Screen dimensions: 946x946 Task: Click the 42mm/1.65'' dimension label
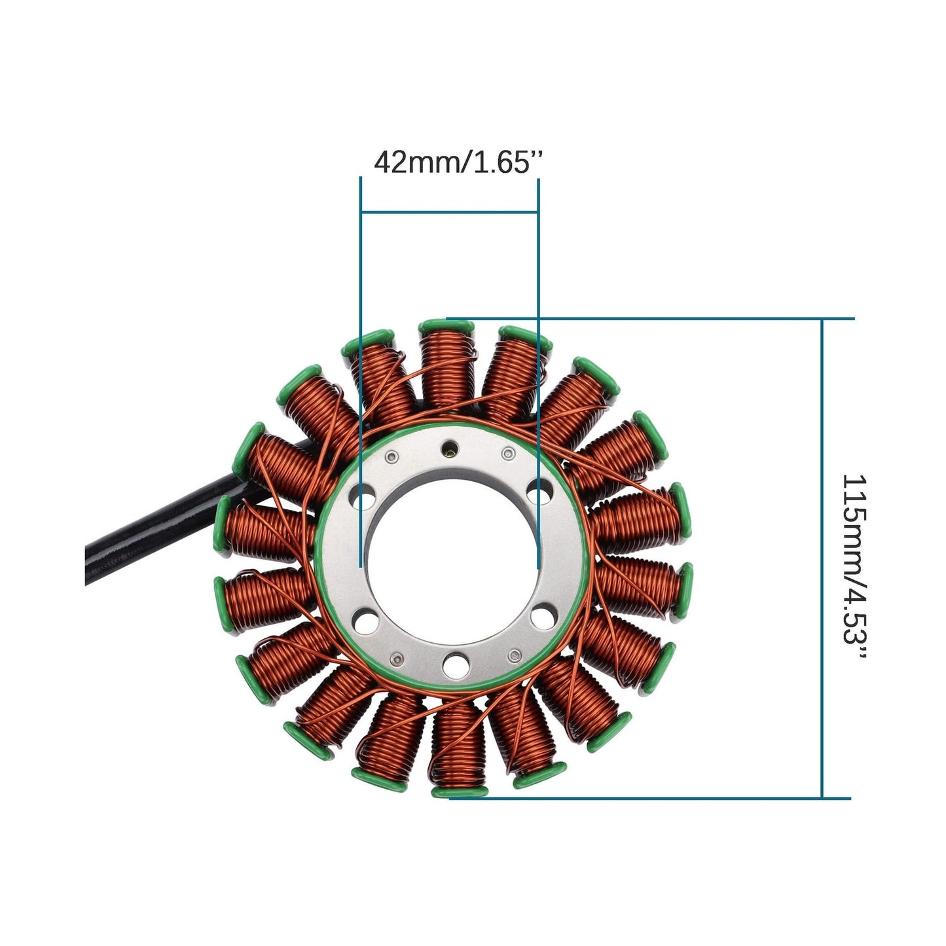tap(458, 162)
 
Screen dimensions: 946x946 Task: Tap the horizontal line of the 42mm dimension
tap(449, 211)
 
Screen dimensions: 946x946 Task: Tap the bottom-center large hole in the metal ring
tap(453, 666)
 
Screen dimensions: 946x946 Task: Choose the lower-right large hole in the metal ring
tap(543, 615)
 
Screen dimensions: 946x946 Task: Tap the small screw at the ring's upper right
tap(507, 452)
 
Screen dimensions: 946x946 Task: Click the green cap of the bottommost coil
tap(460, 791)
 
